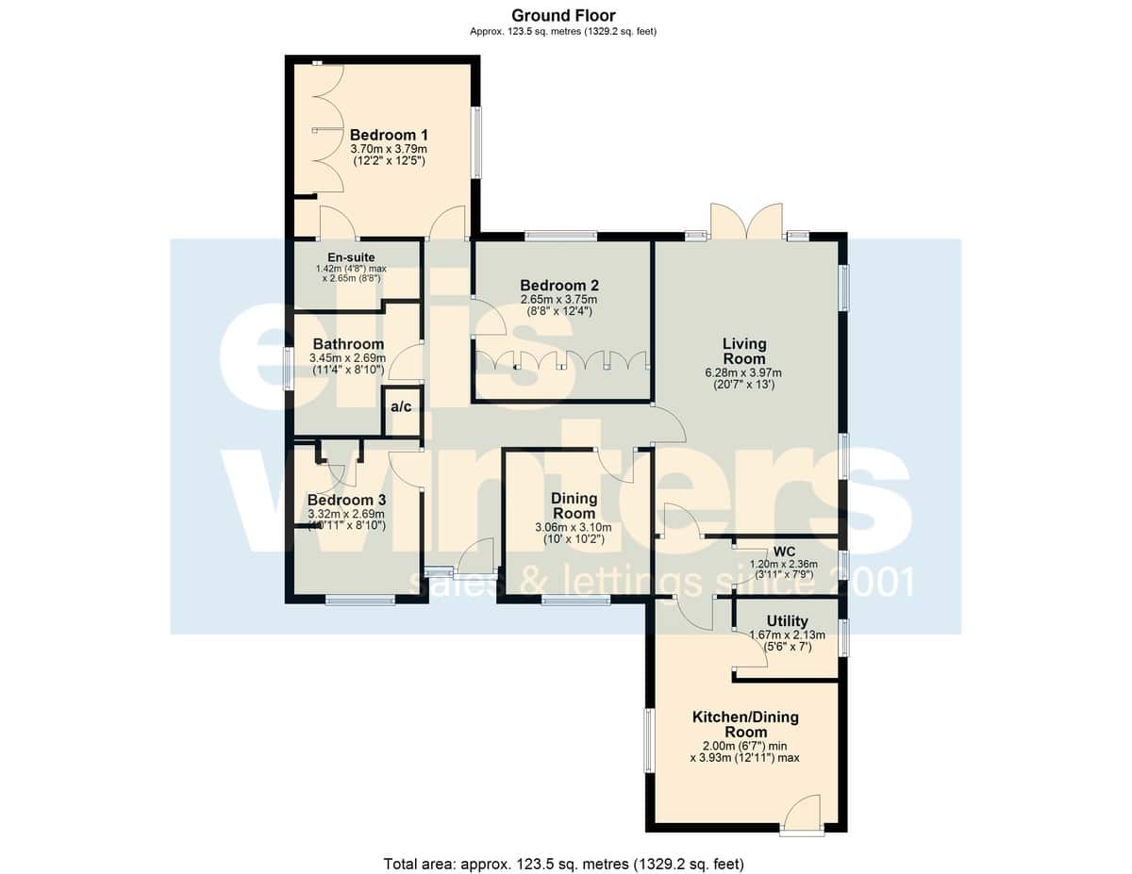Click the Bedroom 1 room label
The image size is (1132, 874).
click(x=389, y=135)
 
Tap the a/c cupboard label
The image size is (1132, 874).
click(x=401, y=406)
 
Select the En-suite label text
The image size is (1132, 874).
click(x=351, y=257)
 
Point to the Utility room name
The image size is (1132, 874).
click(x=787, y=621)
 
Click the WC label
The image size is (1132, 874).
click(x=785, y=552)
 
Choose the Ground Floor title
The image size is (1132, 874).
click(x=564, y=16)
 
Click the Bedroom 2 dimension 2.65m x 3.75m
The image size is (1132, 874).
click(x=559, y=300)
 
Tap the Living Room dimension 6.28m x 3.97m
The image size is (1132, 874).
click(x=743, y=372)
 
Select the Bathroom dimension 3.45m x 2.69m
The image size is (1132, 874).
click(x=347, y=358)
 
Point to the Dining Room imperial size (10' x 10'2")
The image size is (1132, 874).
click(x=574, y=539)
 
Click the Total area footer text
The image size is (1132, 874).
click(x=564, y=865)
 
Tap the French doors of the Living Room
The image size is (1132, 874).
click(x=747, y=222)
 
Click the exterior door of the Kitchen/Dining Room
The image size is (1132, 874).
click(x=802, y=816)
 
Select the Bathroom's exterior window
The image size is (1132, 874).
click(x=288, y=369)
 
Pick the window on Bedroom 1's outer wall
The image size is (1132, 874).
click(x=476, y=142)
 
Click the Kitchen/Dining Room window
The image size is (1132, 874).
click(x=649, y=740)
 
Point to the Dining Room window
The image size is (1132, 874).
click(x=575, y=601)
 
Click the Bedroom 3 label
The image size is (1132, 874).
click(x=346, y=501)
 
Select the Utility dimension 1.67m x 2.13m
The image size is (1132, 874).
click(x=787, y=635)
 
